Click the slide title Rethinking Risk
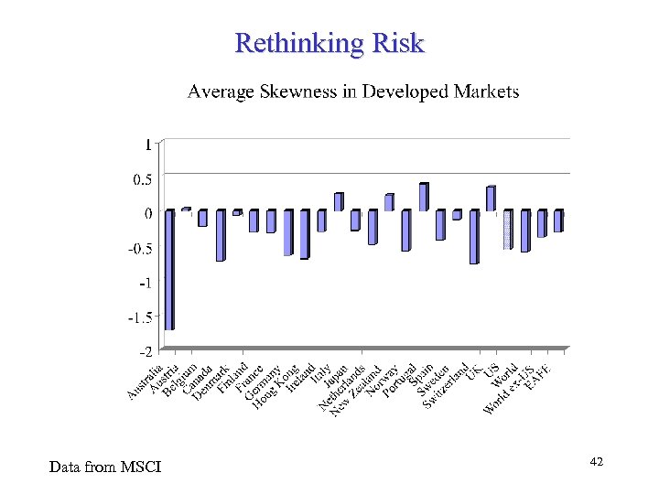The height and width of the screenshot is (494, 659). pyautogui.click(x=329, y=43)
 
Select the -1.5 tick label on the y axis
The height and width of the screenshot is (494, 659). pyautogui.click(x=140, y=317)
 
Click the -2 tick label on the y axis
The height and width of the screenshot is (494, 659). pyautogui.click(x=145, y=351)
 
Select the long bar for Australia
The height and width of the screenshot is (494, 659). pyautogui.click(x=169, y=269)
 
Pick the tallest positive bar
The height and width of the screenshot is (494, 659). pyautogui.click(x=423, y=197)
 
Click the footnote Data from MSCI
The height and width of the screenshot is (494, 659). pyautogui.click(x=104, y=467)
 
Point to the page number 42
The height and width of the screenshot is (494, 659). pyautogui.click(x=596, y=463)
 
